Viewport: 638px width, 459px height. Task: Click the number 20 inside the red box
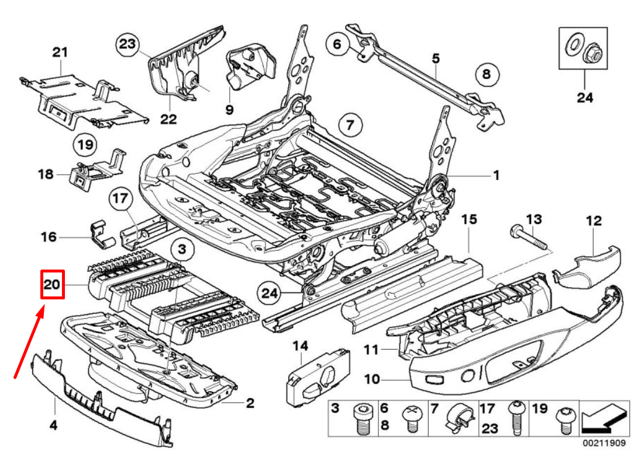click(51, 285)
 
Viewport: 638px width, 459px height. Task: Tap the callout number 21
click(60, 53)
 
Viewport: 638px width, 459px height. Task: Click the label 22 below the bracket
click(168, 119)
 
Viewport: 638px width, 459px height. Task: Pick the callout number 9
click(229, 109)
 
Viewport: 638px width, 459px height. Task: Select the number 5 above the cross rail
click(436, 58)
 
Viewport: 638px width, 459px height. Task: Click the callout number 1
click(496, 175)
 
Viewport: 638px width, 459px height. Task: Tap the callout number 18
click(46, 174)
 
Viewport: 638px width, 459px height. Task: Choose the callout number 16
click(49, 237)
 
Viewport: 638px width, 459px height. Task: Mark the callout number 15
click(469, 219)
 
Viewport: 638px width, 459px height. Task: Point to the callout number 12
click(594, 220)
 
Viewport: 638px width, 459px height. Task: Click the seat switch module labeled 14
click(319, 374)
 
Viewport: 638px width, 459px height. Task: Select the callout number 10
click(372, 379)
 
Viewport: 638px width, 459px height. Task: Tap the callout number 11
click(372, 350)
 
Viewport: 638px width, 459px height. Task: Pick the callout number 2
click(250, 403)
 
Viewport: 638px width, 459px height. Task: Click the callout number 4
click(53, 425)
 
